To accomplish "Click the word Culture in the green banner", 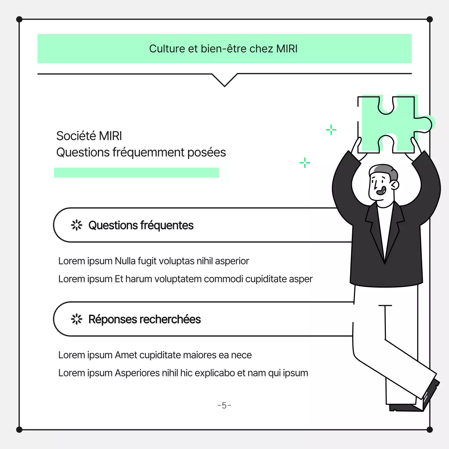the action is (x=167, y=49).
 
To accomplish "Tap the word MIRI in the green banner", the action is (x=287, y=49).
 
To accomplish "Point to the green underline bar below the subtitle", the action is (x=136, y=173).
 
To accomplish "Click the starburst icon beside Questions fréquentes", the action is (x=77, y=225).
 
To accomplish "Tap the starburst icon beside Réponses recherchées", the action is (x=77, y=319).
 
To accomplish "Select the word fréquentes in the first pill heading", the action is (x=167, y=225).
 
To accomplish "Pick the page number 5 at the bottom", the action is (x=224, y=406).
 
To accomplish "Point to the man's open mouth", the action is (x=381, y=190).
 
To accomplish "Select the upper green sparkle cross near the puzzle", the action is (x=331, y=130).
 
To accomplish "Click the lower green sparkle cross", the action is (x=305, y=163).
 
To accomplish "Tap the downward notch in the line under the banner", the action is (x=224, y=86).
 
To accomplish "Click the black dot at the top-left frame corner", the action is (x=19, y=19).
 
